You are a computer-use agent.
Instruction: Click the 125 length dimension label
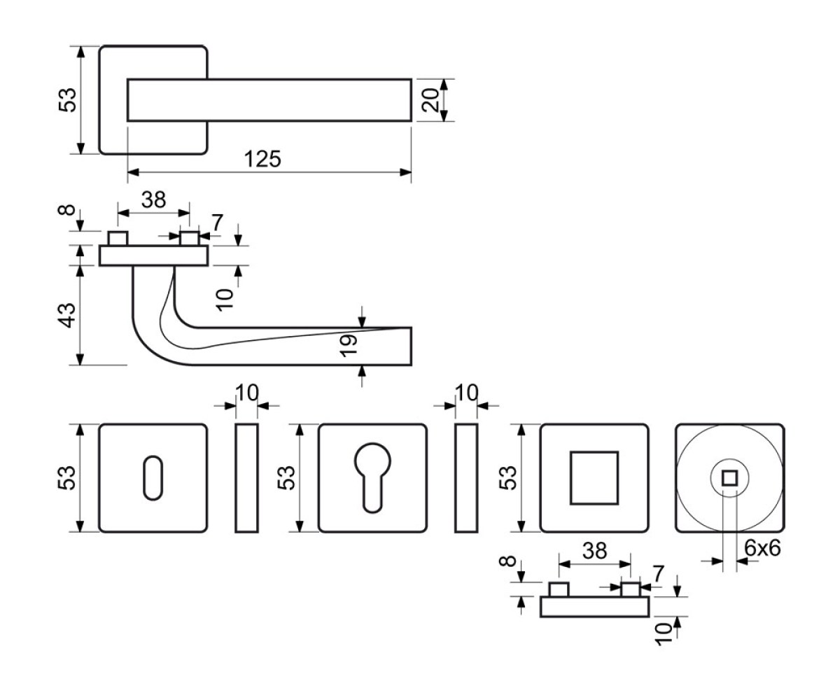click(x=262, y=159)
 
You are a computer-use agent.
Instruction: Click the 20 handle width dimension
click(x=430, y=100)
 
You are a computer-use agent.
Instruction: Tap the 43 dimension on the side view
click(x=67, y=315)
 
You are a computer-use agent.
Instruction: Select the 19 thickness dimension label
click(x=349, y=345)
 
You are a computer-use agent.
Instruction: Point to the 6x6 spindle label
click(x=762, y=547)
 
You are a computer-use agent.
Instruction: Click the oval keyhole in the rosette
click(x=153, y=478)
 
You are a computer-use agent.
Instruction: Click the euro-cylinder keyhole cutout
click(x=372, y=477)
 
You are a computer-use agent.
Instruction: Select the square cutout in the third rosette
click(x=594, y=477)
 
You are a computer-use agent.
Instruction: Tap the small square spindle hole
click(x=729, y=479)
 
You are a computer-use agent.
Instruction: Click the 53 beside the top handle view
click(x=67, y=100)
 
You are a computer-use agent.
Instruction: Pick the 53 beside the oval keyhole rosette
click(x=67, y=478)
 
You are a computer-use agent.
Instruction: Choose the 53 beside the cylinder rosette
click(x=286, y=478)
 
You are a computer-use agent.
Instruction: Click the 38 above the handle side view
click(x=154, y=199)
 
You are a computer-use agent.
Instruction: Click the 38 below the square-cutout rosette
click(x=594, y=551)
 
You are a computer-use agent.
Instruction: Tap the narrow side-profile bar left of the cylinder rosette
click(x=246, y=478)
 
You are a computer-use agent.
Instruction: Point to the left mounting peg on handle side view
click(x=118, y=238)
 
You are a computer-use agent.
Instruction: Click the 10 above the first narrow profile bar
click(x=246, y=393)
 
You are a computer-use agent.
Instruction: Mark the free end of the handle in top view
click(x=411, y=100)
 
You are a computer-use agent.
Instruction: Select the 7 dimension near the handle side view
click(x=217, y=223)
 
